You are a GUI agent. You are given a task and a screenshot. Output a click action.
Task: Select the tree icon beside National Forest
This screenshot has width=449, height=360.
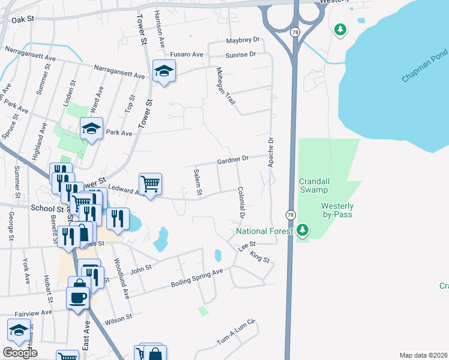pos(303,230)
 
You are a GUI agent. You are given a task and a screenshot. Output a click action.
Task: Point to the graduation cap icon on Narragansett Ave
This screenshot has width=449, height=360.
pos(163,72)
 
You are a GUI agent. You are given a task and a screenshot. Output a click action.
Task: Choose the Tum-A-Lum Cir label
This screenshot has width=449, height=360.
pos(237,334)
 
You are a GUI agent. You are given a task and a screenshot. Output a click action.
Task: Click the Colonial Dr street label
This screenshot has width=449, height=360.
pos(242,203)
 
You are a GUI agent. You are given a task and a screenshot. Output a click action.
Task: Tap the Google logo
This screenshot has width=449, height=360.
pos(20,353)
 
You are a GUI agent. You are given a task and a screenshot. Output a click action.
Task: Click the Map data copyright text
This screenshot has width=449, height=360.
pos(423,355)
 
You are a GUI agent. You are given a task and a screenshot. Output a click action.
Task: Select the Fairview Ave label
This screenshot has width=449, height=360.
pos(34,313)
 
